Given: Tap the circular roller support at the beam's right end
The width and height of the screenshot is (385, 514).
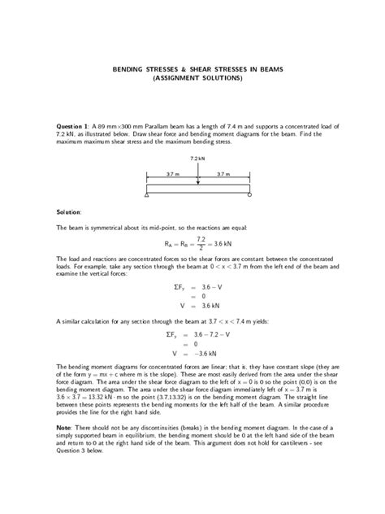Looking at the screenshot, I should point(249,195).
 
